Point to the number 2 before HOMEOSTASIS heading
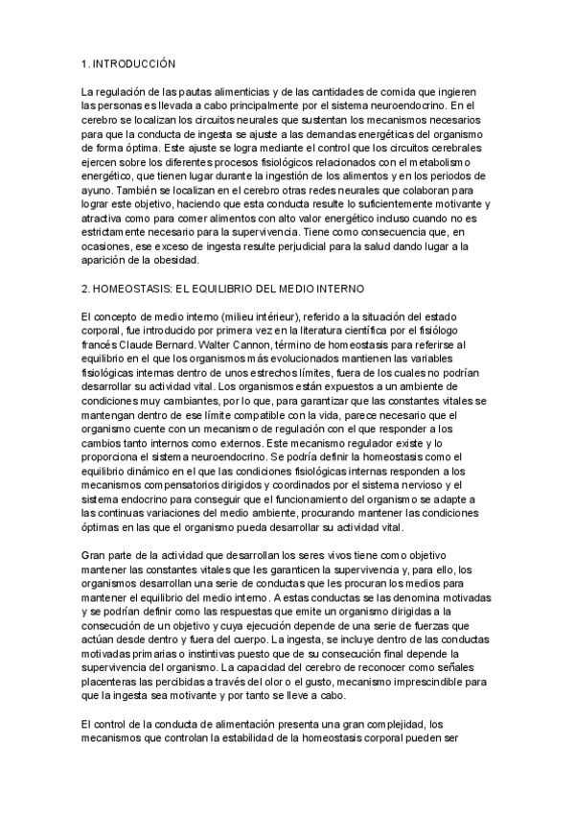click(85, 289)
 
